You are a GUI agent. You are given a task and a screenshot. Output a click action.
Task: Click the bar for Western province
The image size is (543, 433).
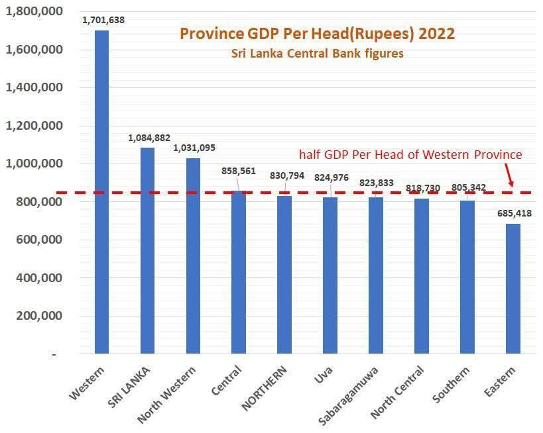pyautogui.click(x=101, y=192)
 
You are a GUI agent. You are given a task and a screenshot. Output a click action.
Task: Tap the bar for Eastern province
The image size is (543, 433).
pyautogui.click(x=513, y=289)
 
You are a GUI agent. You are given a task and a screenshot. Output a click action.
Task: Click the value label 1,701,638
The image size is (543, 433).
pyautogui.click(x=103, y=20)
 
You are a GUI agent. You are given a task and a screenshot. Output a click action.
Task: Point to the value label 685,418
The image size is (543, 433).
pyautogui.click(x=513, y=213)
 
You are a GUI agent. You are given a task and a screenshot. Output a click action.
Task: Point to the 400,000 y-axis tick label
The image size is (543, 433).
pyautogui.click(x=39, y=278)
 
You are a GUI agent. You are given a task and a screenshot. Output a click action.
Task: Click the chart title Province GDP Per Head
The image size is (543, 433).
pyautogui.click(x=318, y=34)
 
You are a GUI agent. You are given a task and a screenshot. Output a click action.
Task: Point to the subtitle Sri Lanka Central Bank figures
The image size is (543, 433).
pyautogui.click(x=318, y=54)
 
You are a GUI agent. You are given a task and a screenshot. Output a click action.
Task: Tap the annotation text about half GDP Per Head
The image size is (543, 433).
pyautogui.click(x=410, y=154)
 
